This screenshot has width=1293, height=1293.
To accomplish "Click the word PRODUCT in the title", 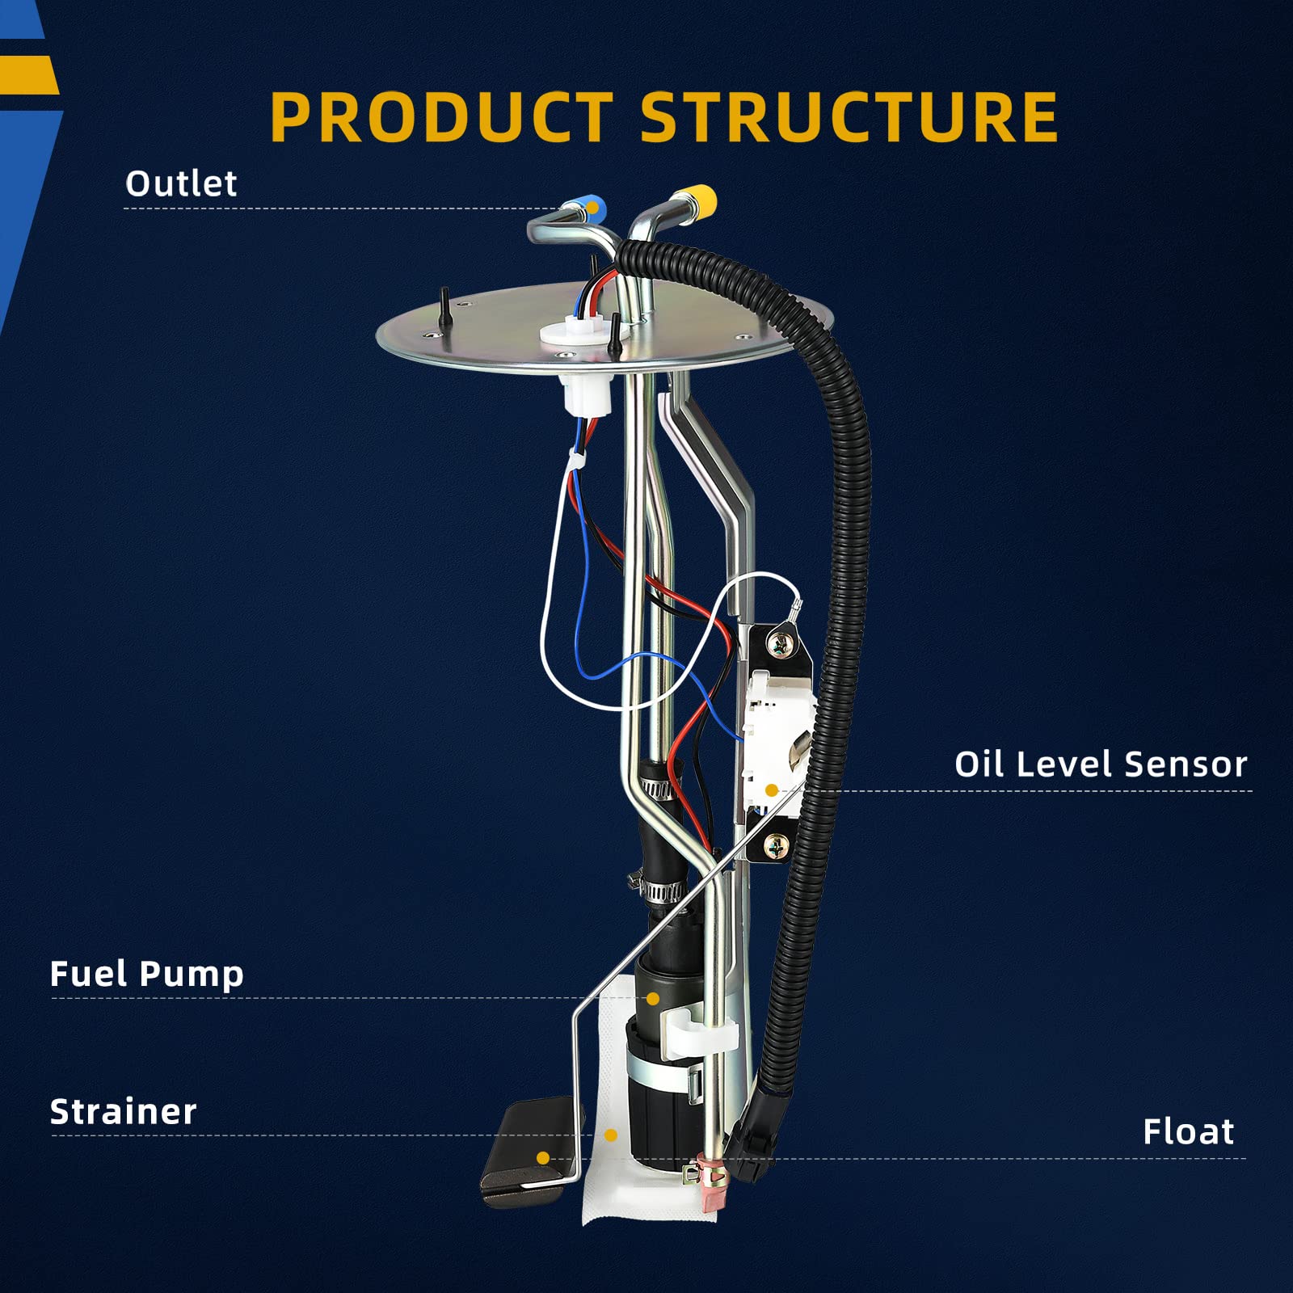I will point(440,117).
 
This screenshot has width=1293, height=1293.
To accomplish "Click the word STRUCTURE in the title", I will point(849,117).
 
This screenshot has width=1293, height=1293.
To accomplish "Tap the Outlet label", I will point(181,184).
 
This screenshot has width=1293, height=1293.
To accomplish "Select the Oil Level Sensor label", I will point(1101,764).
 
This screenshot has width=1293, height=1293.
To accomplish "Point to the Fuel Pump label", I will point(146,974).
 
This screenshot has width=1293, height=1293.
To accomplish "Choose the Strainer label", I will point(123,1112).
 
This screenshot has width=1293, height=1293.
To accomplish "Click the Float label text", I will point(1188,1131).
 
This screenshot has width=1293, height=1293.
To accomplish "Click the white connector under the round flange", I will point(583,394).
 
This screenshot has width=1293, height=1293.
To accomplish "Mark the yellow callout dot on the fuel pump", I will point(653,999).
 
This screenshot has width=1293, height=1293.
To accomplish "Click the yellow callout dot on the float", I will point(543,1158).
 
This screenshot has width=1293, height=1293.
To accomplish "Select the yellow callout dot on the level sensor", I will point(772,790).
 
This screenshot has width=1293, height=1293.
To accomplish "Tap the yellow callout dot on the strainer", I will point(611,1135).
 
